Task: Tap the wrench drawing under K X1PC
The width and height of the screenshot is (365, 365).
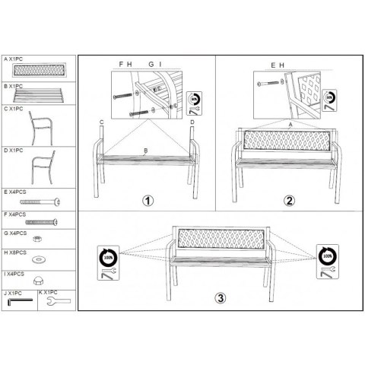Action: click(57, 303)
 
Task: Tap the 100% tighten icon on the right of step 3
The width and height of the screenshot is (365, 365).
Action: click(326, 259)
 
